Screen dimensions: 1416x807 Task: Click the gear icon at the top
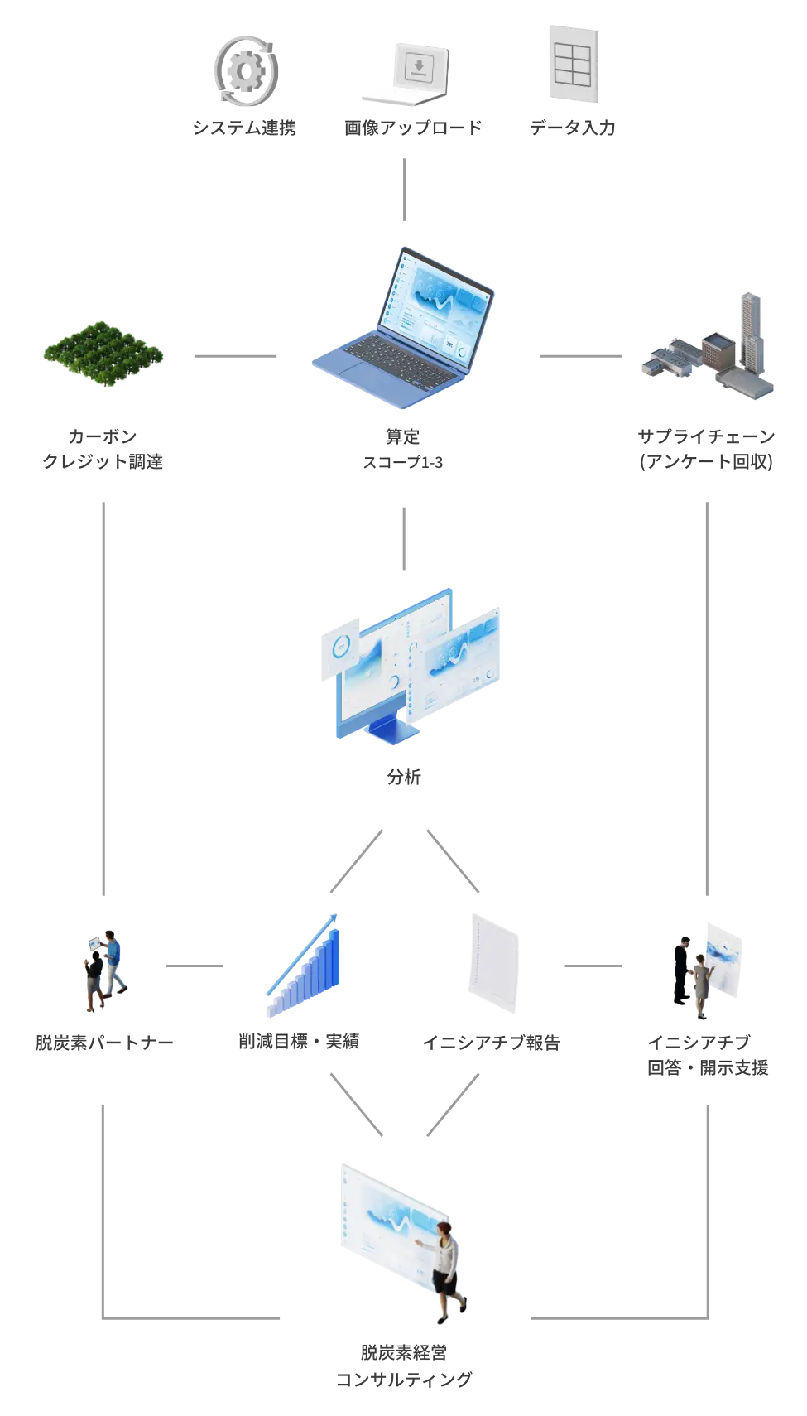pyautogui.click(x=246, y=71)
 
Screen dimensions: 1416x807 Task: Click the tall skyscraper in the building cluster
pyautogui.click(x=749, y=340)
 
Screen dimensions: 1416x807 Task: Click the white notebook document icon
pyautogui.click(x=495, y=962)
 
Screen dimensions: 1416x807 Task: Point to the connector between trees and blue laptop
pyautogui.click(x=234, y=354)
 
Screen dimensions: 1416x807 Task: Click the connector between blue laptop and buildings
pyautogui.click(x=579, y=354)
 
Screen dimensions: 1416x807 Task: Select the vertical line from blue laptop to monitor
pyautogui.click(x=404, y=540)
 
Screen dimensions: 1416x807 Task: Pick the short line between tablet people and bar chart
pyautogui.click(x=195, y=964)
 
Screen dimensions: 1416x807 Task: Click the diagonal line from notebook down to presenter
pyautogui.click(x=454, y=1101)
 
